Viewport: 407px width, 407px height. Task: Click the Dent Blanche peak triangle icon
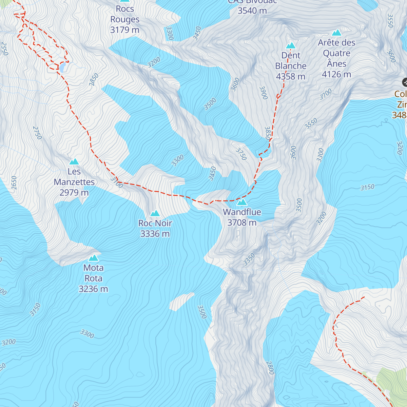click(291, 45)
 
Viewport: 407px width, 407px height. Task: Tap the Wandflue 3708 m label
click(242, 217)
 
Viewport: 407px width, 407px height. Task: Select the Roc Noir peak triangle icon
click(155, 213)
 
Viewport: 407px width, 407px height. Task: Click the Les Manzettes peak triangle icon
click(74, 162)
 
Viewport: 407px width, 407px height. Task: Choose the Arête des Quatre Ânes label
click(336, 58)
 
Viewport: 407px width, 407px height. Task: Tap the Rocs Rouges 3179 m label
click(125, 19)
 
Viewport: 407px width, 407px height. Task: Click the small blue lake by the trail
click(63, 67)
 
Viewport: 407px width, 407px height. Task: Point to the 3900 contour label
click(264, 93)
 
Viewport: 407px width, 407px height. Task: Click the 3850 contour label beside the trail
click(268, 133)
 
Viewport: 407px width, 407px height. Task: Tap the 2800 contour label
click(270, 368)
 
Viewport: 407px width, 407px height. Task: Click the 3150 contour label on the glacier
click(367, 187)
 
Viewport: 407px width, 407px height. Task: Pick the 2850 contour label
click(94, 79)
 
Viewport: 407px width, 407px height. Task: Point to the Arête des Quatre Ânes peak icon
click(336, 33)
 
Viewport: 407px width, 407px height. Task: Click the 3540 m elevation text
click(252, 11)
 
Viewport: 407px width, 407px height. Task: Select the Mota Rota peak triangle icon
click(93, 258)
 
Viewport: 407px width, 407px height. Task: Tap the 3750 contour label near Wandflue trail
click(241, 154)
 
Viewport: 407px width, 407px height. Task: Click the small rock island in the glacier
click(181, 301)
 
